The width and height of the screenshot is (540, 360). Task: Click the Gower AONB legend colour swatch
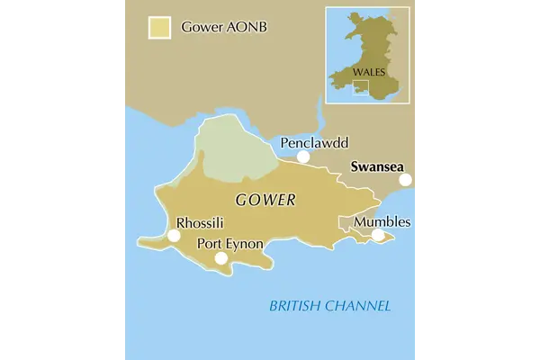(160, 27)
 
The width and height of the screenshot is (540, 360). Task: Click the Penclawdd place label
(314, 143)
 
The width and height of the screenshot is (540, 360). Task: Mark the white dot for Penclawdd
(303, 157)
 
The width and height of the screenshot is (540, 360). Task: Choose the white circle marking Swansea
(406, 180)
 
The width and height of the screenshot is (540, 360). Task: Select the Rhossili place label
(201, 222)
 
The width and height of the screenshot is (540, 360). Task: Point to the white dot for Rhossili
(173, 236)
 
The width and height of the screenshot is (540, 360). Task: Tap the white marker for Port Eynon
(220, 259)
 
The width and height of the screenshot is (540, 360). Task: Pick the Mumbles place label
(382, 221)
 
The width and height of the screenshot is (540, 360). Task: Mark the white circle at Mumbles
(379, 236)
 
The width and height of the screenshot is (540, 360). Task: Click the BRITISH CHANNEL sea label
(330, 307)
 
